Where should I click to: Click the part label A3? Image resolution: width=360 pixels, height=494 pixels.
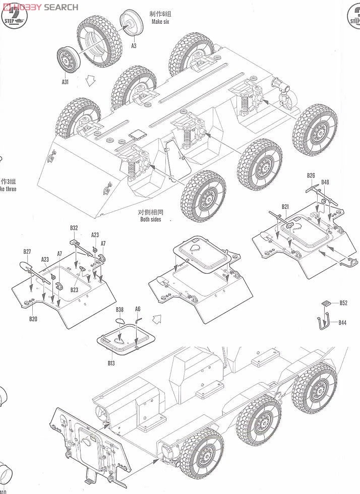tap(134, 46)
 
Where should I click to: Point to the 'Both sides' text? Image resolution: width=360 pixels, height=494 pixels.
tap(151, 219)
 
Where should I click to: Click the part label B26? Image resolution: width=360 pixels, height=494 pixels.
tap(311, 175)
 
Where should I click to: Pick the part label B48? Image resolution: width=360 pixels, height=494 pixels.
tap(325, 182)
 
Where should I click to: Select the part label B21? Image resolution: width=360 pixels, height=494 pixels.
tap(285, 207)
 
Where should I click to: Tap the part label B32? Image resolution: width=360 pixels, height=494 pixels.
tap(74, 228)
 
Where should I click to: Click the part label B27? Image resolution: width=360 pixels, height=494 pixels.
tap(27, 252)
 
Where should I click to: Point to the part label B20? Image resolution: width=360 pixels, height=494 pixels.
tap(33, 319)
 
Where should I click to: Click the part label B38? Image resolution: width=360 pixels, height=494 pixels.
tap(119, 310)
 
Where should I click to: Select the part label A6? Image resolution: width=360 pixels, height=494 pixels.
tap(138, 309)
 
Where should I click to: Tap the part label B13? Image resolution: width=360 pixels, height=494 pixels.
tap(111, 362)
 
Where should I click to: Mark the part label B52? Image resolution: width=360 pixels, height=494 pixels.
tap(343, 303)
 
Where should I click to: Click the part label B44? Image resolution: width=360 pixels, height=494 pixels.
tap(342, 322)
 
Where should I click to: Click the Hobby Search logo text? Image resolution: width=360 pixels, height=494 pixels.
tap(43, 7)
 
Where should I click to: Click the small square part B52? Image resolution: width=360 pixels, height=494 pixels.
tap(327, 303)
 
